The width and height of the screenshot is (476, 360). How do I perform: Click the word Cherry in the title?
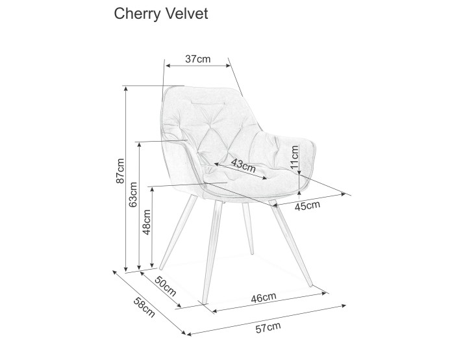(x=138, y=14)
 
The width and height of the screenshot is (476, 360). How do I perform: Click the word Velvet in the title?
(x=186, y=14)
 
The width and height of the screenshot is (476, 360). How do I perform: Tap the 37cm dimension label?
(x=197, y=58)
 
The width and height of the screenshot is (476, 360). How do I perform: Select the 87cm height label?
(x=120, y=171)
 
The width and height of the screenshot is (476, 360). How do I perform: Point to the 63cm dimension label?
(x=133, y=194)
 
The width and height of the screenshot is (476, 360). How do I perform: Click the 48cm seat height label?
(x=147, y=222)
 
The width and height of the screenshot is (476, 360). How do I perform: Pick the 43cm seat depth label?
(x=243, y=165)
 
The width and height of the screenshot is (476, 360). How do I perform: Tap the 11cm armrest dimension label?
(x=294, y=157)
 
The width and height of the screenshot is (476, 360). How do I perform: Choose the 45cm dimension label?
(x=308, y=206)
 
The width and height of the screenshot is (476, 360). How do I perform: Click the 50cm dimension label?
(x=166, y=286)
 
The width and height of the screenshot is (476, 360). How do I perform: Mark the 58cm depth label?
(x=144, y=307)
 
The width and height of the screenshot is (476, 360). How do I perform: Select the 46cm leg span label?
(x=264, y=298)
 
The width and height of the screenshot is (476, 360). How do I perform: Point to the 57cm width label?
(x=268, y=328)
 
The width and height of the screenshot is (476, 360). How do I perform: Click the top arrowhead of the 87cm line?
(x=126, y=88)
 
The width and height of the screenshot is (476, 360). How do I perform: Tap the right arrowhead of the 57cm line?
(x=344, y=305)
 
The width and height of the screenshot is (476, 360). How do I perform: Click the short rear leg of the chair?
(x=247, y=229)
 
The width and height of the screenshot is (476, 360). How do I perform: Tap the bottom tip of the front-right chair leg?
(x=310, y=285)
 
